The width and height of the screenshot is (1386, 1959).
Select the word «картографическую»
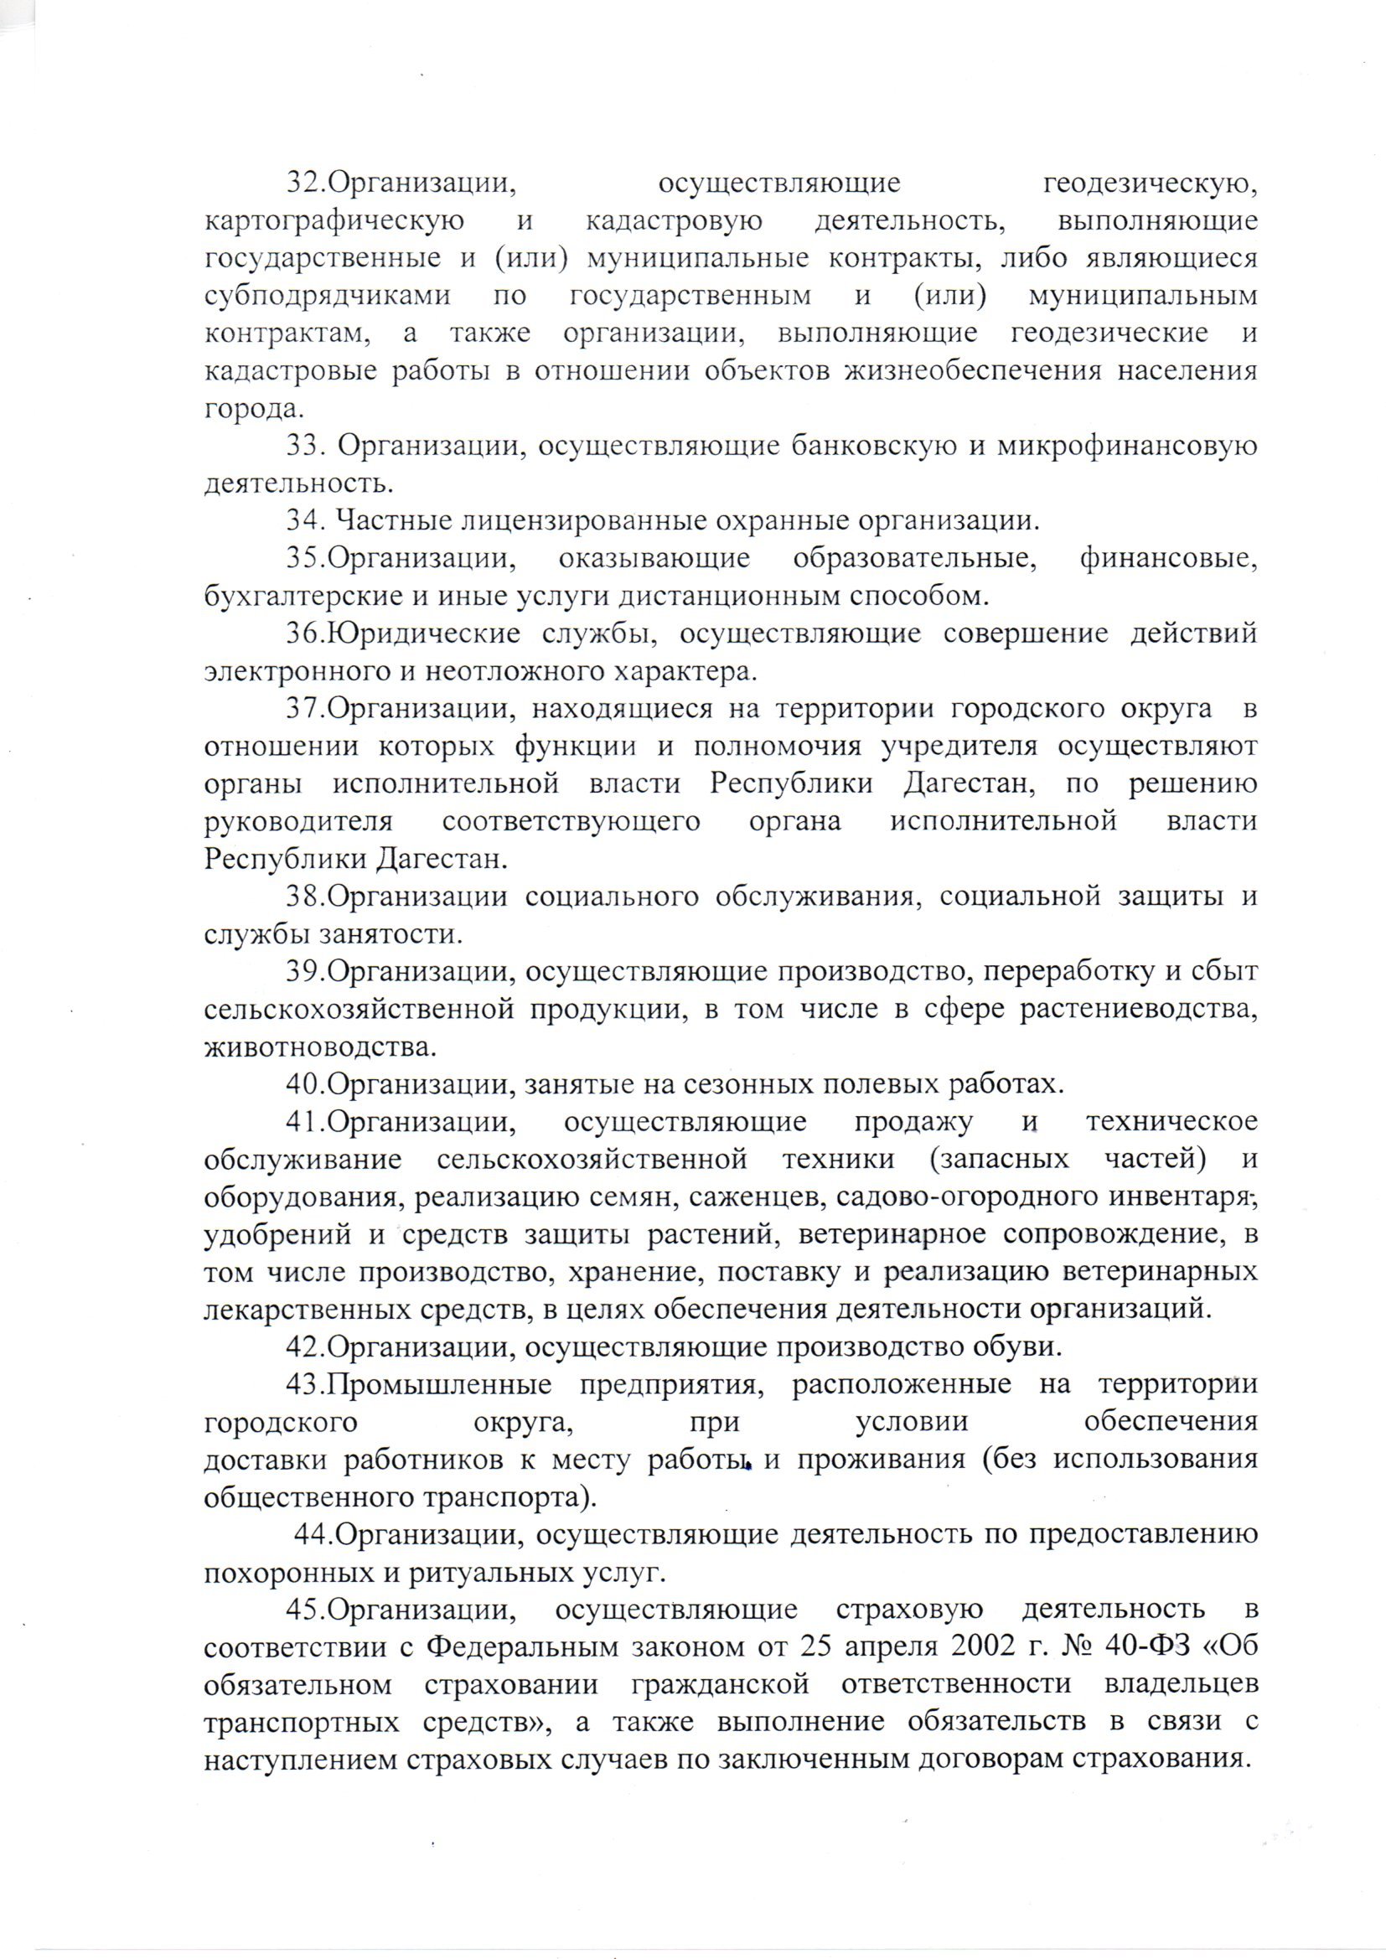[x=334, y=222]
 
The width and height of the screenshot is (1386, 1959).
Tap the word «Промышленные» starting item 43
[x=438, y=1385]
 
